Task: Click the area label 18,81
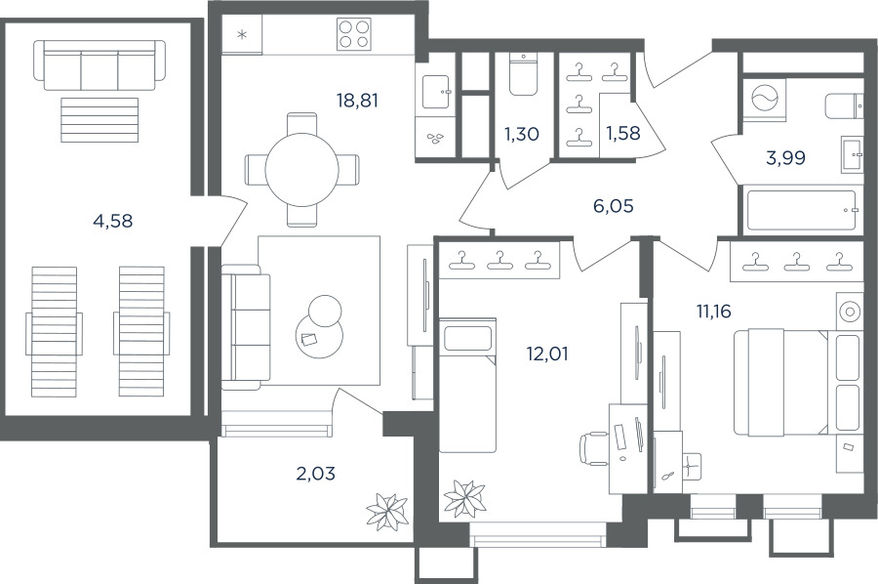pyautogui.click(x=357, y=101)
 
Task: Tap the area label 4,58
pyautogui.click(x=113, y=222)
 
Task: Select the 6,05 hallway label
pyautogui.click(x=614, y=206)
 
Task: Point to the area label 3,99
pyautogui.click(x=785, y=158)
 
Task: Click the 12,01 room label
pyautogui.click(x=547, y=354)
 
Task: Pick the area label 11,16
pyautogui.click(x=713, y=311)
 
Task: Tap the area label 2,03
pyautogui.click(x=316, y=474)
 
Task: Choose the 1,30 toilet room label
pyautogui.click(x=521, y=134)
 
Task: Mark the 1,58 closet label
pyautogui.click(x=623, y=134)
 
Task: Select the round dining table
pyautogui.click(x=301, y=170)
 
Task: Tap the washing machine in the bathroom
pyautogui.click(x=764, y=99)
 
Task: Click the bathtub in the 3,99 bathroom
pyautogui.click(x=800, y=210)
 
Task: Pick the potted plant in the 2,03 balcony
pyautogui.click(x=387, y=509)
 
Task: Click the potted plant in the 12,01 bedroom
pyautogui.click(x=464, y=497)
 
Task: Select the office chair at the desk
pyautogui.click(x=595, y=448)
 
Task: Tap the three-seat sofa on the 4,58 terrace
pyautogui.click(x=100, y=65)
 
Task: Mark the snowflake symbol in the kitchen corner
pyautogui.click(x=242, y=36)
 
